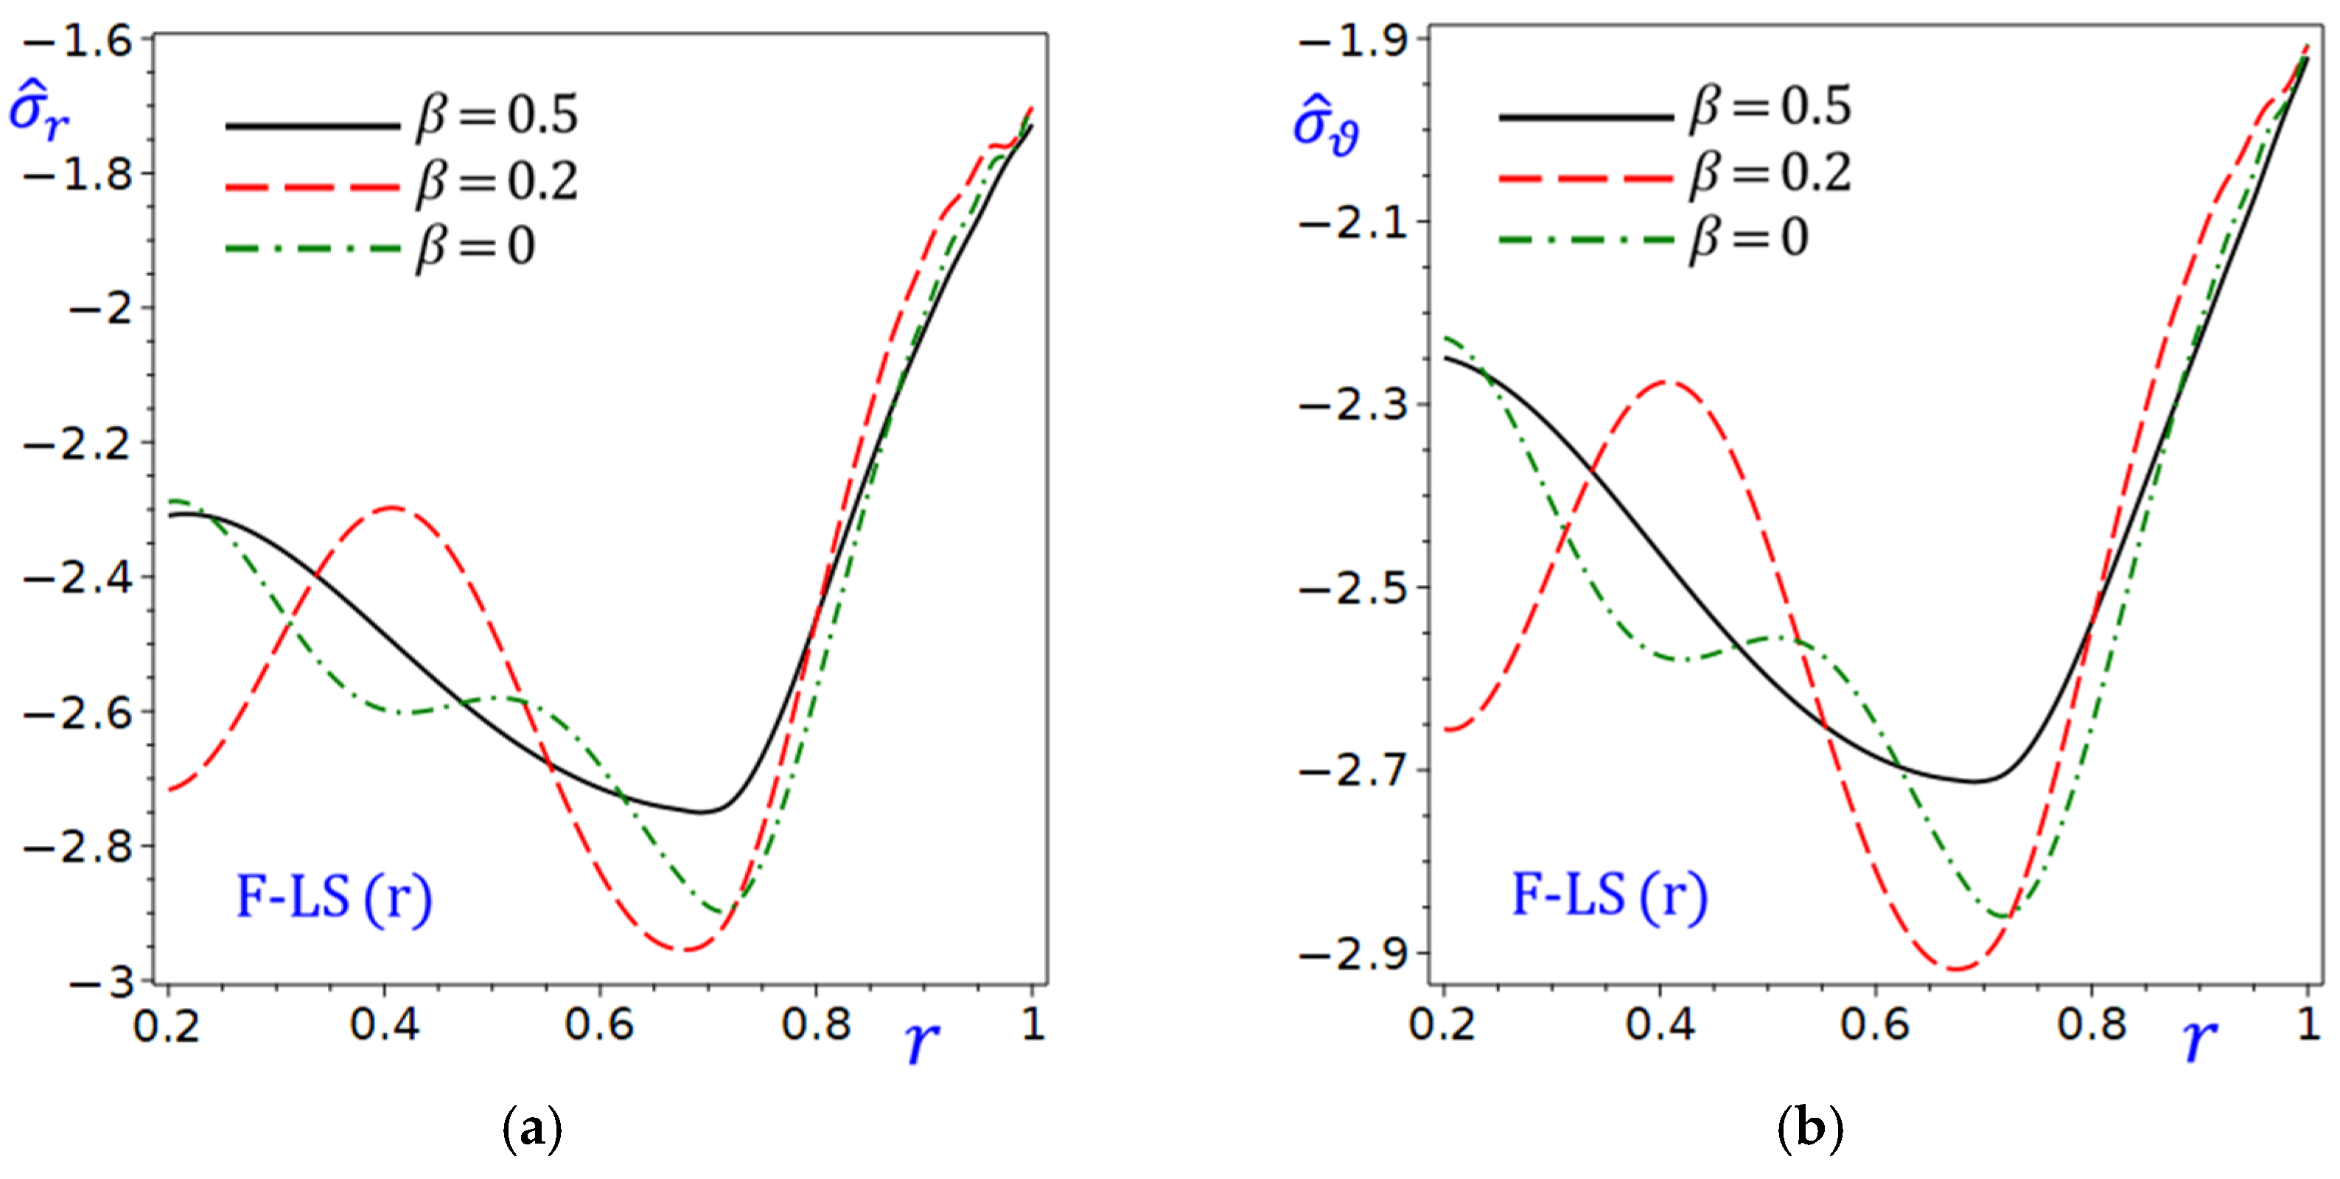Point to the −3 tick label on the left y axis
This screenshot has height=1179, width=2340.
tap(102, 983)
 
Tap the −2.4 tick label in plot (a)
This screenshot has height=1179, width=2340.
tap(77, 578)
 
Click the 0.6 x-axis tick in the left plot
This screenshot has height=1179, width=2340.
tap(598, 1024)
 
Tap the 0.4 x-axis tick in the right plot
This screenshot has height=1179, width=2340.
tap(1660, 1024)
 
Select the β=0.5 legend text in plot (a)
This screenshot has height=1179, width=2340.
tap(497, 116)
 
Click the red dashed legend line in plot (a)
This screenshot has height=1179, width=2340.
tap(312, 187)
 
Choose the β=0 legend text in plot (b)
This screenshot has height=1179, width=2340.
tap(1749, 238)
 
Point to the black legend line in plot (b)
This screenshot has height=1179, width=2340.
tap(1585, 117)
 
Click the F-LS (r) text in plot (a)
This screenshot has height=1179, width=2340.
tap(333, 898)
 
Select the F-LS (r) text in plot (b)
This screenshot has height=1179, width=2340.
tap(1609, 895)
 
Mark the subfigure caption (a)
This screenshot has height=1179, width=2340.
tap(531, 1129)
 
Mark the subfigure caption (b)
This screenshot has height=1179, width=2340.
tap(1809, 1129)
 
